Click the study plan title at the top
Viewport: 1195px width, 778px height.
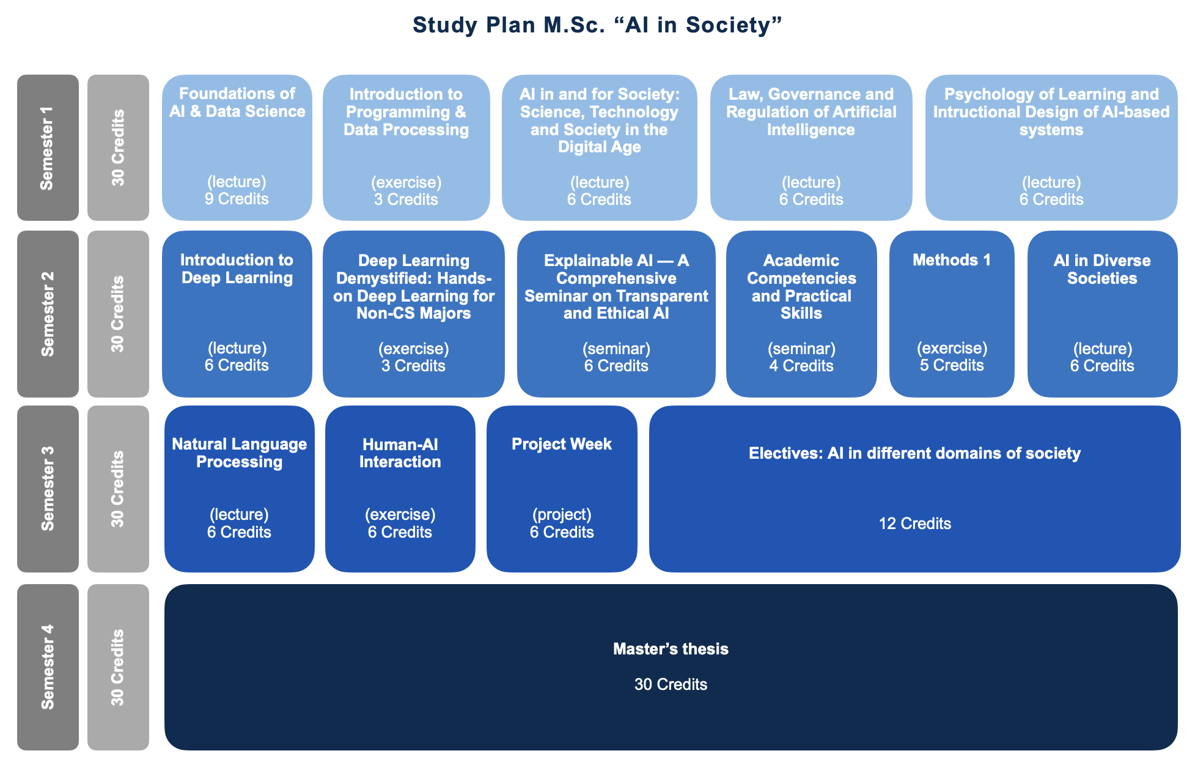click(x=597, y=25)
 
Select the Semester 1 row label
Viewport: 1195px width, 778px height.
click(x=48, y=147)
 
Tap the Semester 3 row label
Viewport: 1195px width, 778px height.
click(x=48, y=488)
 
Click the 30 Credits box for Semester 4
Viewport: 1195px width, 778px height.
click(x=118, y=667)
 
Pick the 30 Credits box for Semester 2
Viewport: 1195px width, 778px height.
click(x=118, y=314)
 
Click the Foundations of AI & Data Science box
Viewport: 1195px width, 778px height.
click(x=237, y=147)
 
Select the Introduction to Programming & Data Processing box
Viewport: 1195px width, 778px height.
click(x=406, y=147)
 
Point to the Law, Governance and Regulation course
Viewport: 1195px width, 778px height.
click(x=811, y=147)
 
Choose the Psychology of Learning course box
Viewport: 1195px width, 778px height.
click(x=1051, y=147)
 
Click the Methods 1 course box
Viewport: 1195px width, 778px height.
click(x=951, y=314)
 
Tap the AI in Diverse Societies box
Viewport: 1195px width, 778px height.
click(x=1101, y=314)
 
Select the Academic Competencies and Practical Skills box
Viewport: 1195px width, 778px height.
click(x=801, y=314)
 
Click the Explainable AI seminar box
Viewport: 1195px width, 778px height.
click(x=616, y=314)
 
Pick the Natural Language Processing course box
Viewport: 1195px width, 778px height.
click(x=239, y=488)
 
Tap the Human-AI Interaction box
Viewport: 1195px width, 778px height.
click(x=400, y=488)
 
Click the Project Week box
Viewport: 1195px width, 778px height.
click(x=561, y=488)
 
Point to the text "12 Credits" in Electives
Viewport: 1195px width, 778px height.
click(x=914, y=524)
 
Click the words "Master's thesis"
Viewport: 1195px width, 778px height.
click(x=671, y=649)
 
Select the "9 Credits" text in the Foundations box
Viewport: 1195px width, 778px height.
click(x=237, y=199)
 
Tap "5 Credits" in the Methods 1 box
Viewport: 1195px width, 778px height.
click(x=951, y=365)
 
